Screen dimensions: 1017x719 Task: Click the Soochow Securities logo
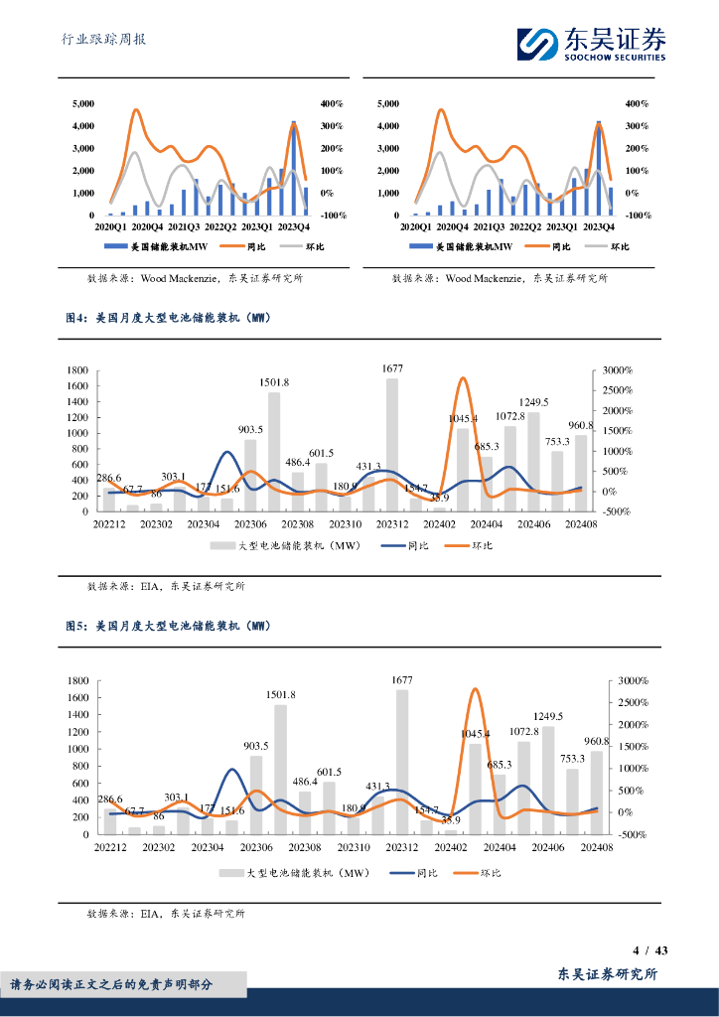pyautogui.click(x=591, y=43)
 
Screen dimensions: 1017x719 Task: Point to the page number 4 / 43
pyautogui.click(x=649, y=950)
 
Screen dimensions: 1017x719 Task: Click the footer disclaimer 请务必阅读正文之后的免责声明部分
pyautogui.click(x=111, y=984)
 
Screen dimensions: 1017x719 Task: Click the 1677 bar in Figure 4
pyautogui.click(x=392, y=444)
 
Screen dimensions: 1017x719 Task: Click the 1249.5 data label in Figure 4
pyautogui.click(x=533, y=402)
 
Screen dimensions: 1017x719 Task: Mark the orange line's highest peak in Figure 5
pyautogui.click(x=475, y=689)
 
